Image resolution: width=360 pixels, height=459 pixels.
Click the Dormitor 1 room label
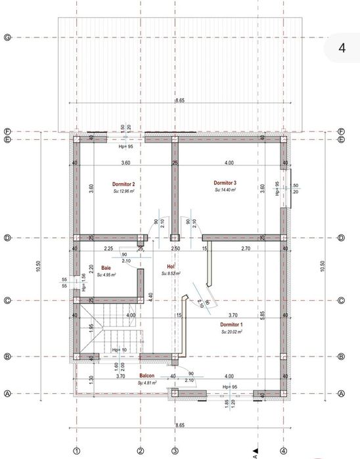(x=231, y=325)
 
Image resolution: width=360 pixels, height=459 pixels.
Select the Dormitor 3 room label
(x=225, y=183)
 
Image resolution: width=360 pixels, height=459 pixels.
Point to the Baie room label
(x=106, y=267)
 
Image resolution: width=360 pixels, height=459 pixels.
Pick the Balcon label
(x=146, y=376)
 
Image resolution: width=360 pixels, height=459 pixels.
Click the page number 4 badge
(x=342, y=47)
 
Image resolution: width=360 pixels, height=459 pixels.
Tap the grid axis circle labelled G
(x=7, y=37)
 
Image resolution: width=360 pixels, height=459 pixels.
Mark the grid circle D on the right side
(x=341, y=238)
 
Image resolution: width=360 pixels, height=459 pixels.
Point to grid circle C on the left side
(x=7, y=301)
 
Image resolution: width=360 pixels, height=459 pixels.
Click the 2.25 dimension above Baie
(x=108, y=249)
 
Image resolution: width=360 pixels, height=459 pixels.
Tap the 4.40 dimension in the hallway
(x=151, y=296)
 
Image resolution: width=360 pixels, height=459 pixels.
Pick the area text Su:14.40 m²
(x=225, y=190)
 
